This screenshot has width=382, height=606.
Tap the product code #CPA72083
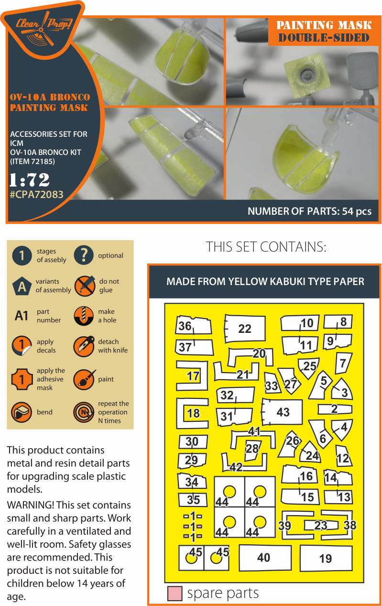(36, 194)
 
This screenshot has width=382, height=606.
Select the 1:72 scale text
(29, 180)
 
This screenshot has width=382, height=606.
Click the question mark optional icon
(84, 255)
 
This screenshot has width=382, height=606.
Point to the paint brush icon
(84, 379)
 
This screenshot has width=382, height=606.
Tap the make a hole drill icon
(84, 316)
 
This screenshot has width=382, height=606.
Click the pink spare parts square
(175, 594)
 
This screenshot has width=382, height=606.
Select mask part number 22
(244, 329)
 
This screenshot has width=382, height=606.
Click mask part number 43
(283, 412)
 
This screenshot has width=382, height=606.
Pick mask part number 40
(264, 557)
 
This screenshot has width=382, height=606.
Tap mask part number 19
(325, 558)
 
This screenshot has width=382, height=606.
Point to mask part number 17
(193, 376)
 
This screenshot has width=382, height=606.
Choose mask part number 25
(309, 366)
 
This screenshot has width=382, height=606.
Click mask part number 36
(185, 326)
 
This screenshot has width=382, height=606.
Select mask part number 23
(320, 526)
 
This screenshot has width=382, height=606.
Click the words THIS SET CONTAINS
(266, 247)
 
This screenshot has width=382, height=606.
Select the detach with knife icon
(84, 346)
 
